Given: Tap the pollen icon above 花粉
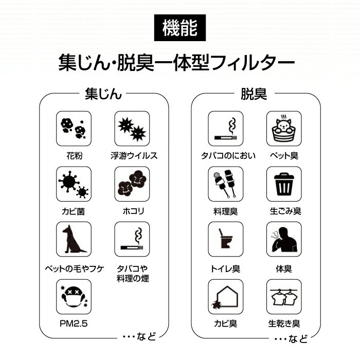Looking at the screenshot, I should [73, 129].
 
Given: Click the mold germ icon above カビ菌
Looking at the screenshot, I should [73, 184].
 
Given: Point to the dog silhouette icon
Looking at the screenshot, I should [73, 239].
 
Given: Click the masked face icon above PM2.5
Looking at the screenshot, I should [73, 297].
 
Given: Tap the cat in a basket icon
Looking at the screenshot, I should [284, 129].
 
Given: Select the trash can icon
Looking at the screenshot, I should [284, 184].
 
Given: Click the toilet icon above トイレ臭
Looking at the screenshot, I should [225, 239].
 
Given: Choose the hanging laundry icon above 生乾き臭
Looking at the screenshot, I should [284, 297].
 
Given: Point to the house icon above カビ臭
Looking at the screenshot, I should [225, 297].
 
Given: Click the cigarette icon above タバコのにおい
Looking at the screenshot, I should [225, 129].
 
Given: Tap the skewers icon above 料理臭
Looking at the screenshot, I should [225, 184].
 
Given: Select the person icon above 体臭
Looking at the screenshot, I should [284, 239].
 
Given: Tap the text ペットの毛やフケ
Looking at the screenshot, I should [73, 269].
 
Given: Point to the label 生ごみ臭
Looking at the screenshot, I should [285, 211].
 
